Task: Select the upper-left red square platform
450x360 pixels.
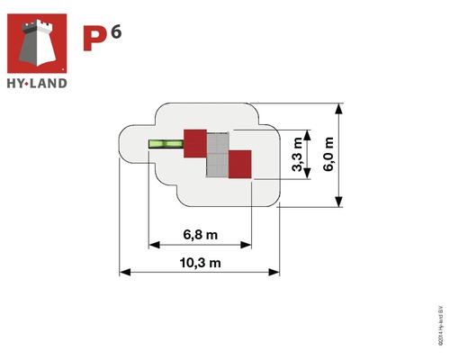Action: (x=195, y=143)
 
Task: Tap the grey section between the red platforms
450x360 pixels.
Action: (x=218, y=153)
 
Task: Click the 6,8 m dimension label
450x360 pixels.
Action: (x=200, y=234)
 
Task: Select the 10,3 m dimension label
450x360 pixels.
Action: (x=200, y=262)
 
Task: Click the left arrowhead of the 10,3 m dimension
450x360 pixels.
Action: (x=124, y=271)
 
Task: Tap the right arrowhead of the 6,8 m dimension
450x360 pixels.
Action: (x=247, y=243)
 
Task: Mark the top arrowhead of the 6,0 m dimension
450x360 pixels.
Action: (x=340, y=108)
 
